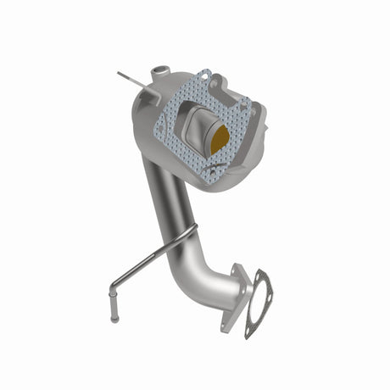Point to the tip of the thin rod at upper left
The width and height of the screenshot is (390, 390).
[119, 73]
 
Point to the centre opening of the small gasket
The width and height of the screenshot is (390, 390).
[258, 302]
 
